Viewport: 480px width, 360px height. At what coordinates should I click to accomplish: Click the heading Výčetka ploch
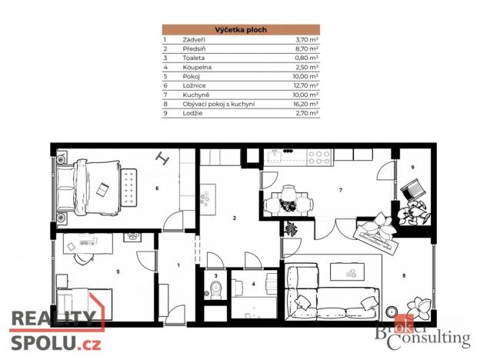pyautogui.click(x=240, y=28)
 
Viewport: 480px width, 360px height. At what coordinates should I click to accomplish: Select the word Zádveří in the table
pyautogui.click(x=193, y=38)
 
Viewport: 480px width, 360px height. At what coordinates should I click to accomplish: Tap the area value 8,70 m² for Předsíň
pyautogui.click(x=307, y=48)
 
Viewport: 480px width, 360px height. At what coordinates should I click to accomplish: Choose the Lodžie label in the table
pyautogui.click(x=192, y=113)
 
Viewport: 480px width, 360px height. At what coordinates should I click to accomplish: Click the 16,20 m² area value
pyautogui.click(x=306, y=104)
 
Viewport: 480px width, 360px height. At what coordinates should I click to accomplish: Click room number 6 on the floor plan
pyautogui.click(x=157, y=187)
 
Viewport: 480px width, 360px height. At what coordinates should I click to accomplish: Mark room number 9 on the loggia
pyautogui.click(x=412, y=167)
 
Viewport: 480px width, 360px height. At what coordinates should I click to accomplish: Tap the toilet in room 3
pyautogui.click(x=216, y=289)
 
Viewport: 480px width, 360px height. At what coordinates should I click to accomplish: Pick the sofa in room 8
pyautogui.click(x=329, y=291)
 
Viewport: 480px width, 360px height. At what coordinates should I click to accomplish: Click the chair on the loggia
pyautogui.click(x=413, y=186)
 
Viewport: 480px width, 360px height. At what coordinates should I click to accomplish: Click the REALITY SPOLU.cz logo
pyautogui.click(x=55, y=329)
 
